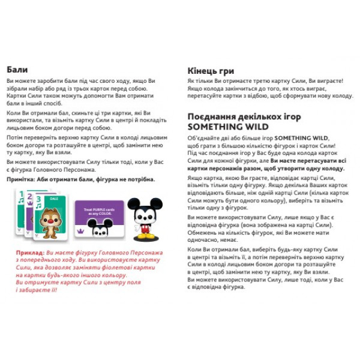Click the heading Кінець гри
point(211,70)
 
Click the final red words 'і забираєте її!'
point(37,290)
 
